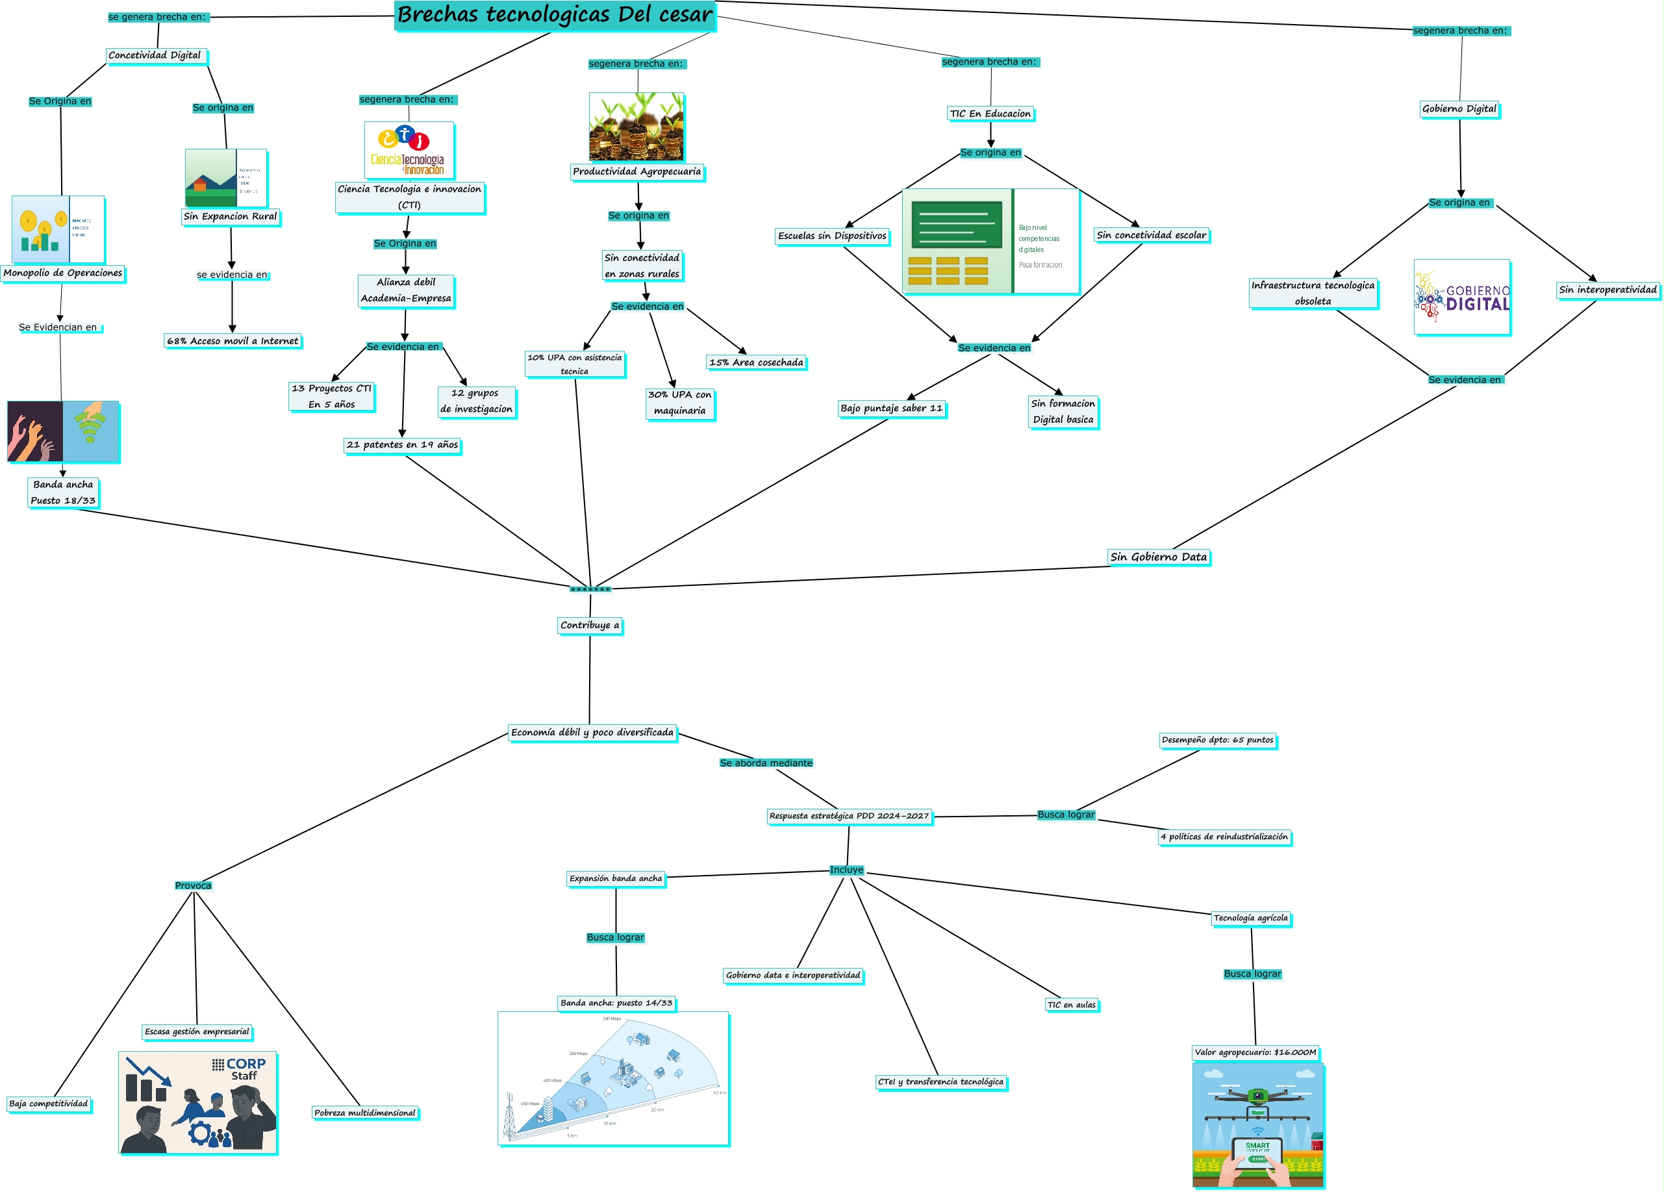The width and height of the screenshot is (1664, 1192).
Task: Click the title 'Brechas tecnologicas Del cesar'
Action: pyautogui.click(x=554, y=16)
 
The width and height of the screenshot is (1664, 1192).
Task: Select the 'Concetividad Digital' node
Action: pyautogui.click(x=155, y=56)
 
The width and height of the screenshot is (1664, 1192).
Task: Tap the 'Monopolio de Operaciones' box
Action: pyautogui.click(x=63, y=273)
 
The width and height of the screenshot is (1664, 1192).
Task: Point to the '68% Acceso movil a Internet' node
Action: pyautogui.click(x=233, y=341)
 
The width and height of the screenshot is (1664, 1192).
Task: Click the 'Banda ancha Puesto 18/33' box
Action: pyautogui.click(x=63, y=492)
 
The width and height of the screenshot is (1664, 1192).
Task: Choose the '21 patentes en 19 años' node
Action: pyautogui.click(x=402, y=445)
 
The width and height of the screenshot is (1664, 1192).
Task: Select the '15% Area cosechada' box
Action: pyautogui.click(x=757, y=362)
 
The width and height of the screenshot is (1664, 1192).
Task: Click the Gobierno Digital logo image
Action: pyautogui.click(x=1461, y=298)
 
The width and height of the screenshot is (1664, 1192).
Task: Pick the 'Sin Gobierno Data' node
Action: pyautogui.click(x=1159, y=557)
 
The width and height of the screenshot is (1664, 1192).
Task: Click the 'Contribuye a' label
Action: pyautogui.click(x=590, y=626)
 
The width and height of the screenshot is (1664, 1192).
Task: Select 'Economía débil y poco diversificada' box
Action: pyautogui.click(x=592, y=733)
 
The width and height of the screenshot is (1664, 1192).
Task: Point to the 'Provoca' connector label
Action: pyautogui.click(x=193, y=885)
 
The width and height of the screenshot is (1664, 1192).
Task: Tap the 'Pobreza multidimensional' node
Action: pyautogui.click(x=364, y=1113)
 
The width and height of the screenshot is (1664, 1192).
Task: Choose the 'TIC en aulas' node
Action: pyautogui.click(x=1071, y=1005)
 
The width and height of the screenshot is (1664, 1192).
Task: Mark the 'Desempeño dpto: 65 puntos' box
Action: pyautogui.click(x=1218, y=740)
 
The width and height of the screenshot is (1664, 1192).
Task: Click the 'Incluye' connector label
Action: pyautogui.click(x=847, y=870)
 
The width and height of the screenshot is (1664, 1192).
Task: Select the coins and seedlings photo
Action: pyautogui.click(x=636, y=126)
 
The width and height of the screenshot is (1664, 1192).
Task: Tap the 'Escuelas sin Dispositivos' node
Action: pyautogui.click(x=832, y=236)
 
